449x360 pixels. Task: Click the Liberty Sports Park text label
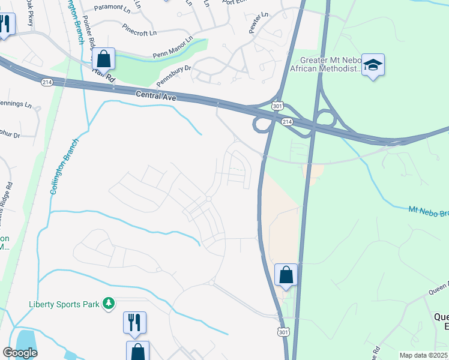tap(64, 304)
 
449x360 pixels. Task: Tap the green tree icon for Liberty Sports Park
tap(109, 304)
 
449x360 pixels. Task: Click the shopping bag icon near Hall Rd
tap(103, 59)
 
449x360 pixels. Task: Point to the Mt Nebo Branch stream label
tap(428, 212)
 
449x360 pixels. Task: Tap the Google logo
tap(20, 353)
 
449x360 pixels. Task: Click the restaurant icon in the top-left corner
tap(5, 25)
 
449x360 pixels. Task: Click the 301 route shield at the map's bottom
tap(282, 331)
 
